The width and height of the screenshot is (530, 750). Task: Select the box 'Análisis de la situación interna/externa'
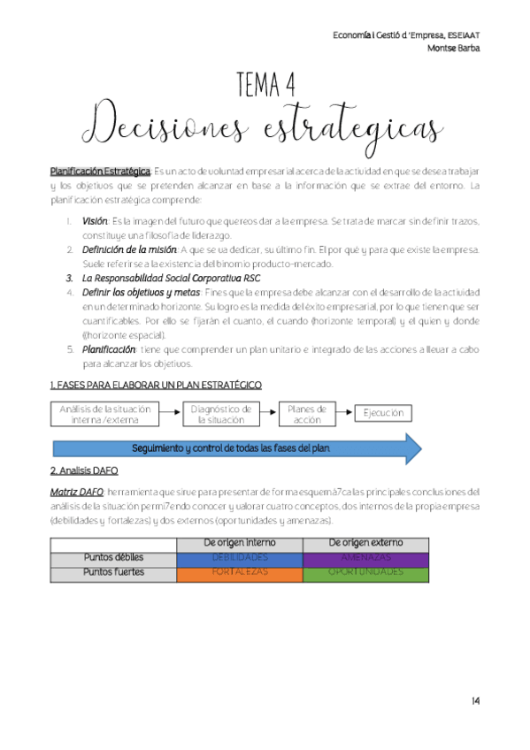105,414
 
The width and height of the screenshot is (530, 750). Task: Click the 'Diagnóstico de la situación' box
220,414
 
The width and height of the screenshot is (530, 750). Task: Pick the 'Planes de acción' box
309,414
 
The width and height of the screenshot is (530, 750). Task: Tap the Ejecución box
383,413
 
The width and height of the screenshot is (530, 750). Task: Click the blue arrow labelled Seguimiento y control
230,448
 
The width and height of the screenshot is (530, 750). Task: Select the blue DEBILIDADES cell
240,558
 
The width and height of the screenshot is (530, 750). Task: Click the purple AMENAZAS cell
365,558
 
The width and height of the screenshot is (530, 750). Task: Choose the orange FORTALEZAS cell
240,572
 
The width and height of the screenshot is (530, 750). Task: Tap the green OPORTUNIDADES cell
365,572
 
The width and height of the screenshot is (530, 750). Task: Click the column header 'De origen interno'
240,542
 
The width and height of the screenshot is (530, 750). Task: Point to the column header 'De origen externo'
365,542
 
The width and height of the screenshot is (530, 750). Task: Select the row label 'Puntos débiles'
113,558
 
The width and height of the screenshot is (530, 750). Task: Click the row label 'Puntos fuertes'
113,572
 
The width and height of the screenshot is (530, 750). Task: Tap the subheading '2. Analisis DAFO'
84,471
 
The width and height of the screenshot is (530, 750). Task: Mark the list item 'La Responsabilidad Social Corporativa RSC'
165,278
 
